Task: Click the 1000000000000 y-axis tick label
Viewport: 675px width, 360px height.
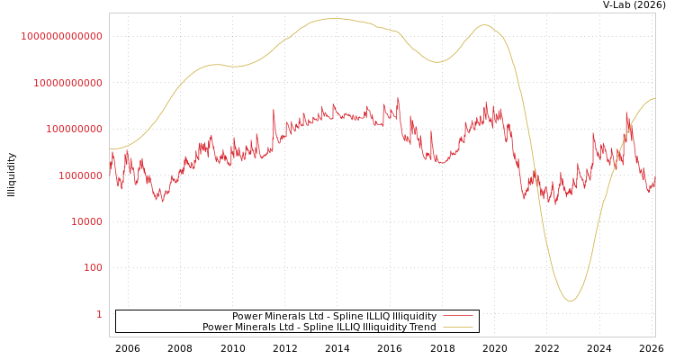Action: (x=61, y=36)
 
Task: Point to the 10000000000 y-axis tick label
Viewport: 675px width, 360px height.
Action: (x=67, y=83)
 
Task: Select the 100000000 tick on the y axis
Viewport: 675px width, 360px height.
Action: (x=73, y=129)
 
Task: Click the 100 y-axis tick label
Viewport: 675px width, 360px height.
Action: (x=92, y=267)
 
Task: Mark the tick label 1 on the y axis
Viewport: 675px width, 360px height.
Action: (x=99, y=314)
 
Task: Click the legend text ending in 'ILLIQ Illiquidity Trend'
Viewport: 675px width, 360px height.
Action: (x=319, y=328)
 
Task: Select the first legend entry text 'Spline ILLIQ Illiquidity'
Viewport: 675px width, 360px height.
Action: (x=334, y=317)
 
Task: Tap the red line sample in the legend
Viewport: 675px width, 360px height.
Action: (x=458, y=317)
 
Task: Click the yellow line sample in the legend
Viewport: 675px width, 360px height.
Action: (x=458, y=328)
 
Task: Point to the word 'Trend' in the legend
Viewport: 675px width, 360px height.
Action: (x=421, y=328)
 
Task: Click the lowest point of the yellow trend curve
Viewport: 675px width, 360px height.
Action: (x=570, y=301)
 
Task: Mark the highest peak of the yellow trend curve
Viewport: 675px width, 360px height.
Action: (x=334, y=18)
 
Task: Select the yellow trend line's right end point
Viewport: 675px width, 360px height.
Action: (x=654, y=99)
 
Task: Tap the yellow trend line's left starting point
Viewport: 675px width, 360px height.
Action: (x=110, y=149)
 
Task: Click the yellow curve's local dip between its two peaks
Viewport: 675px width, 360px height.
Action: (x=437, y=62)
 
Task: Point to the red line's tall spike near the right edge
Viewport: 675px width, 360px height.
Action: (x=627, y=113)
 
